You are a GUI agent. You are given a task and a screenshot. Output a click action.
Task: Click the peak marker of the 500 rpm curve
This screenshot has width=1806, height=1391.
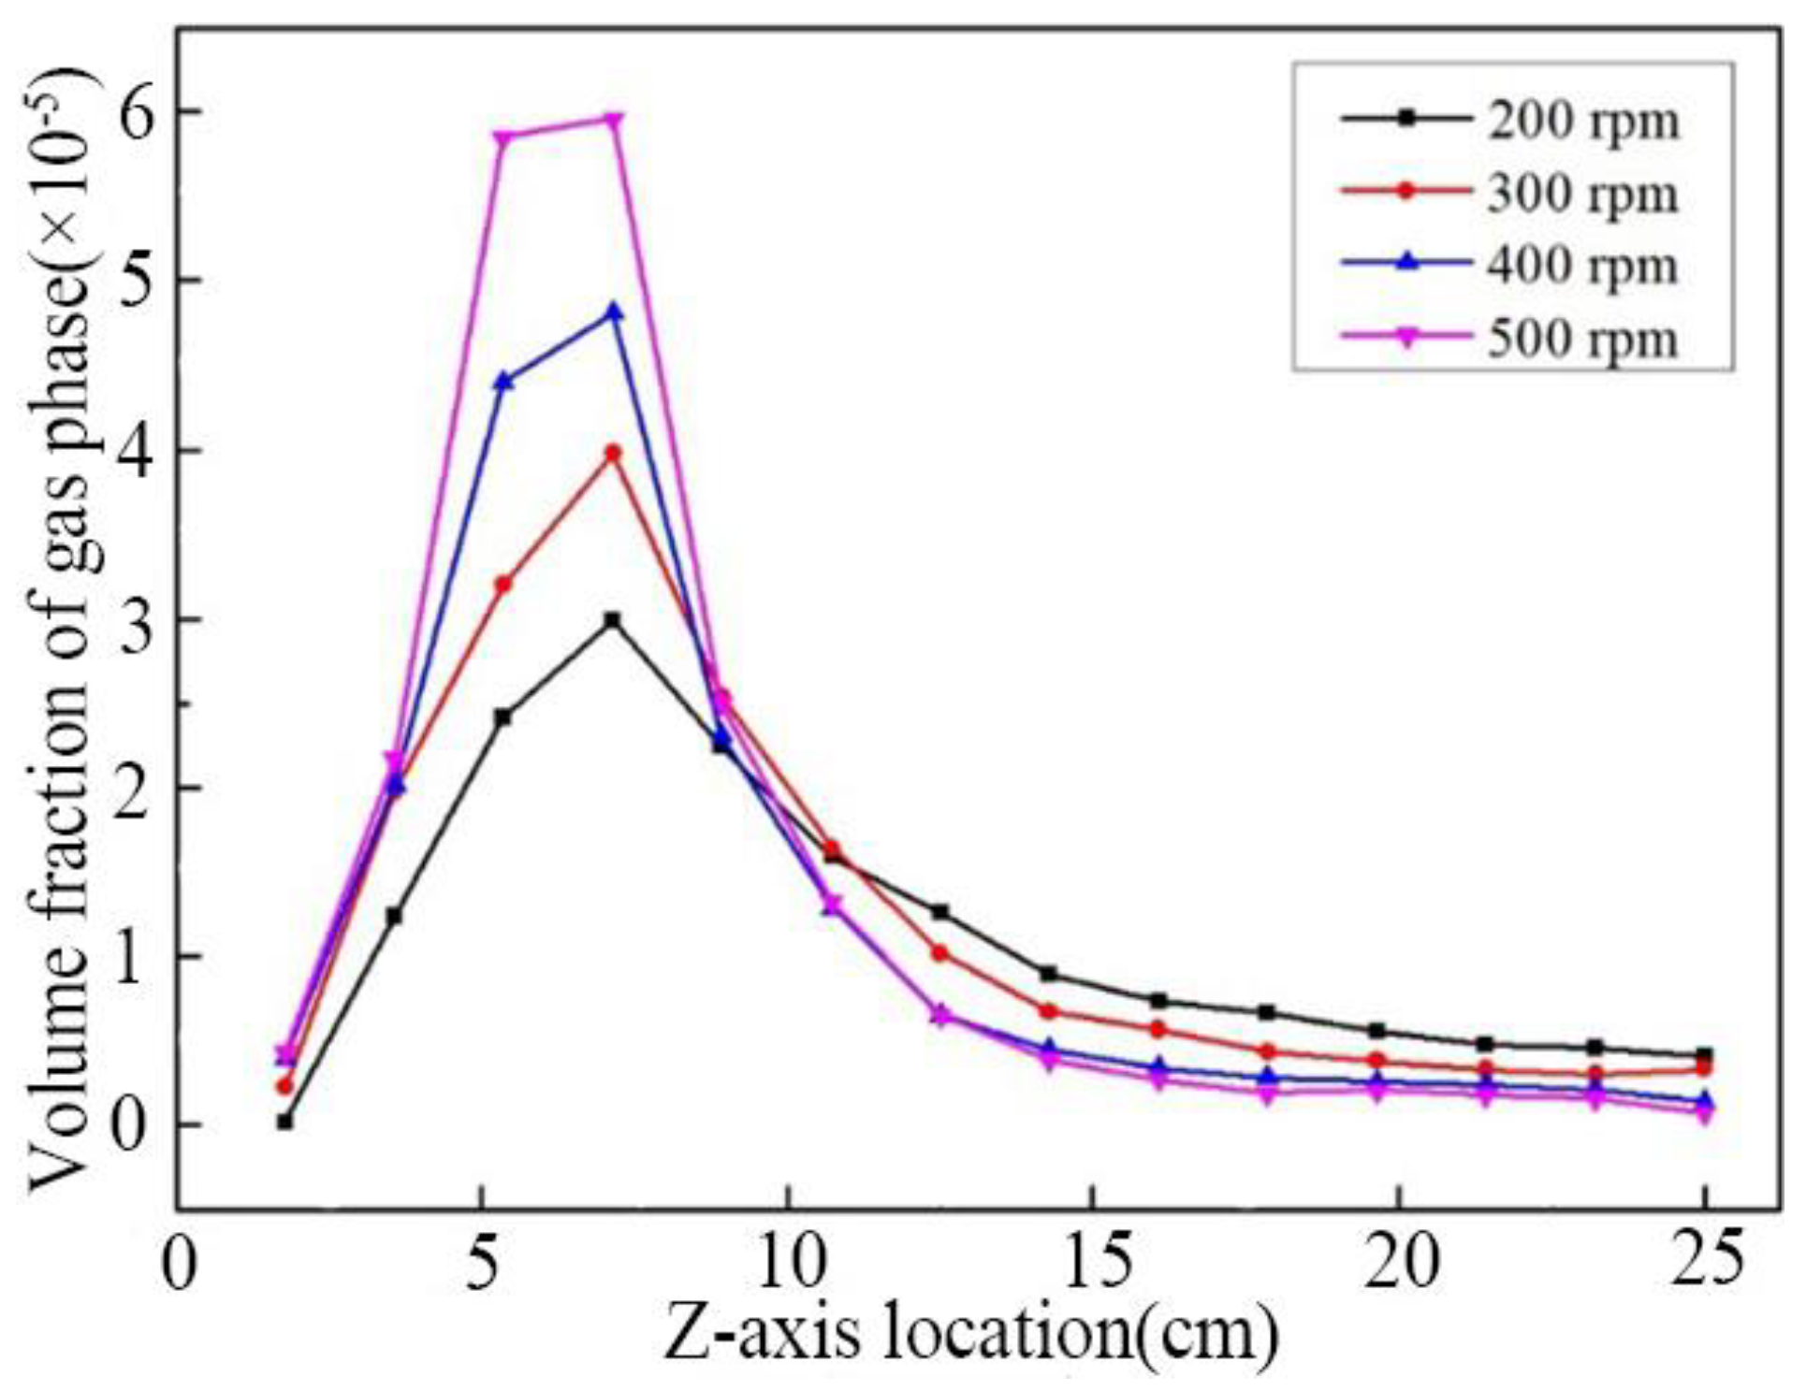pyautogui.click(x=613, y=120)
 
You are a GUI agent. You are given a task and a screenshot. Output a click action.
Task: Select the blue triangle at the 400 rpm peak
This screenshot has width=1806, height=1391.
pyautogui.click(x=613, y=312)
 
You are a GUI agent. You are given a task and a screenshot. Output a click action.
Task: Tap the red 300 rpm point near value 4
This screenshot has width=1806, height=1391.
pyautogui.click(x=613, y=453)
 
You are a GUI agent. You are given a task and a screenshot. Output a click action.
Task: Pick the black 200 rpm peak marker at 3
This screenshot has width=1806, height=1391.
pyautogui.click(x=613, y=620)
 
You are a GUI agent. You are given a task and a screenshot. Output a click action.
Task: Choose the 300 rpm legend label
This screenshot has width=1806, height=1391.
pyautogui.click(x=1581, y=195)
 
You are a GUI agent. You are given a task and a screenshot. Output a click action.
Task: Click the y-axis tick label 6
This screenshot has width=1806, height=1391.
pyautogui.click(x=137, y=111)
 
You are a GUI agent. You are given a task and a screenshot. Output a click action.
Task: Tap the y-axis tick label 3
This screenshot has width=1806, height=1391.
pyautogui.click(x=137, y=620)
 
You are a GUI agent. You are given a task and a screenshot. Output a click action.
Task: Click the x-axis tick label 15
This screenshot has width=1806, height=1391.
pyautogui.click(x=1092, y=1263)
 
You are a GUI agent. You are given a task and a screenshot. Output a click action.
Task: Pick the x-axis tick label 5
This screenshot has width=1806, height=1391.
pyautogui.click(x=481, y=1263)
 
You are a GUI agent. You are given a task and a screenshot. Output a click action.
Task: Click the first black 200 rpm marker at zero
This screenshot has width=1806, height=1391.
pyautogui.click(x=284, y=1122)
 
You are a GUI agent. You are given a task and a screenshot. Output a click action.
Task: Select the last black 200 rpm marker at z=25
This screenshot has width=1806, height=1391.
pyautogui.click(x=1704, y=1055)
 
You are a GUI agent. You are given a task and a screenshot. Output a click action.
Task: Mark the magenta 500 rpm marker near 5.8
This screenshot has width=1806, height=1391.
pyautogui.click(x=503, y=138)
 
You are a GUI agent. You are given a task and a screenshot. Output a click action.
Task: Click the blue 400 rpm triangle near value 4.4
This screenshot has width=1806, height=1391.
pyautogui.click(x=503, y=381)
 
